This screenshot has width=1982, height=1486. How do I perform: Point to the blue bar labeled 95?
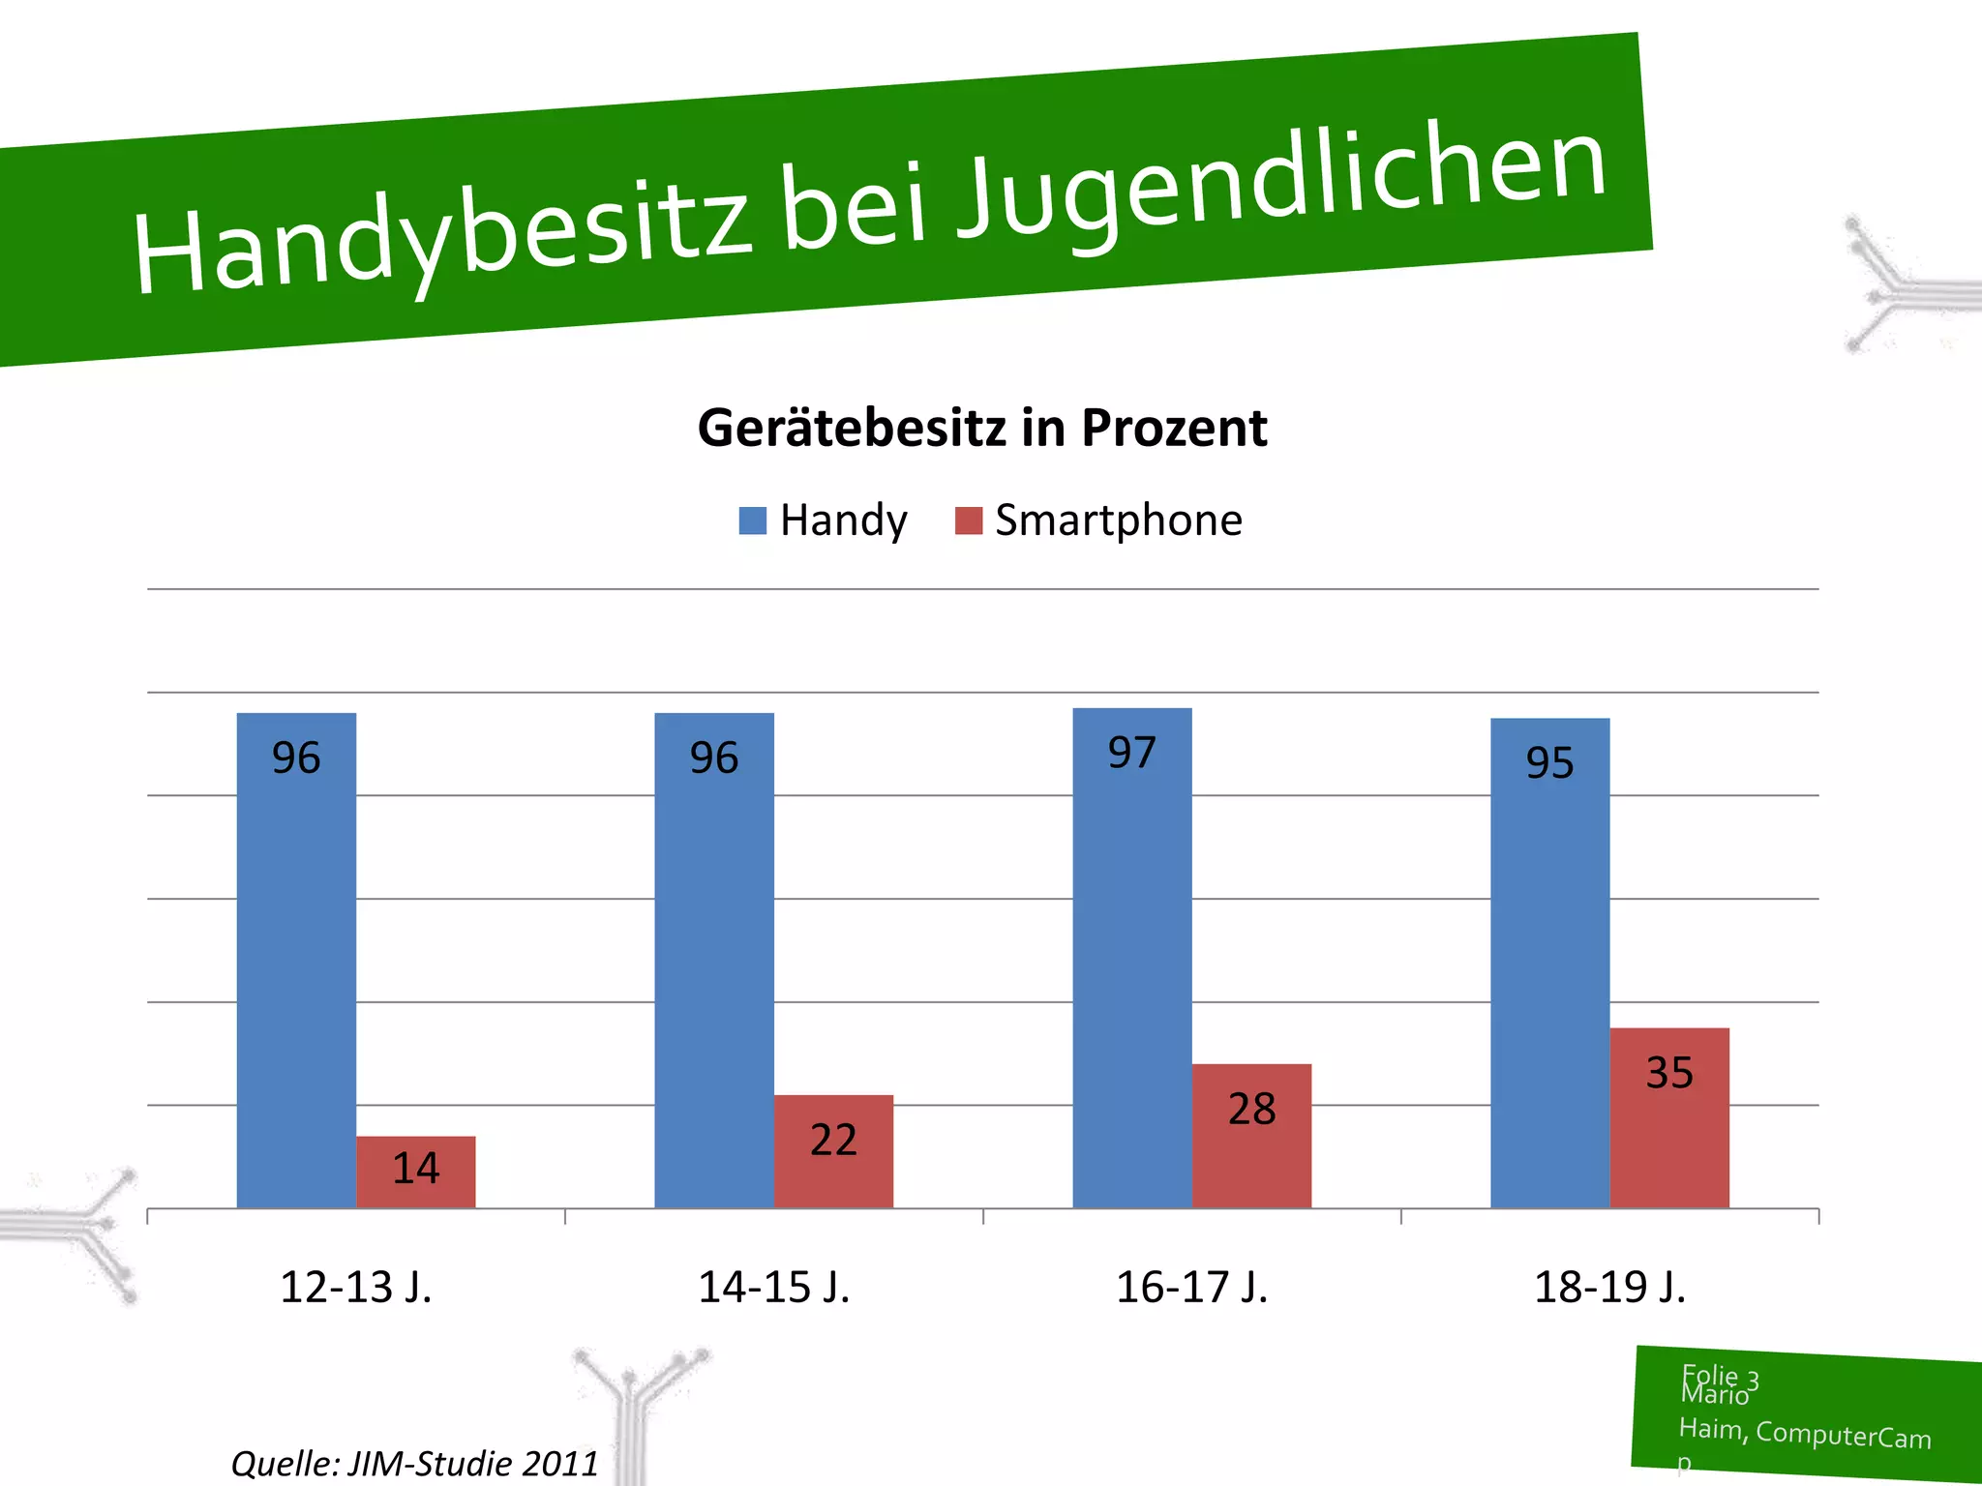1549,967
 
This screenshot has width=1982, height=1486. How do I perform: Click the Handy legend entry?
824,520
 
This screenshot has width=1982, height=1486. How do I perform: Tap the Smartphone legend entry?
1098,520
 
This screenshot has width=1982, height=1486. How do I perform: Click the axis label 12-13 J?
356,1288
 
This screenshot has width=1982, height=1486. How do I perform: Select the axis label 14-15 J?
774,1288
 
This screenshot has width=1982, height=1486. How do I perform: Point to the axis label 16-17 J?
1192,1288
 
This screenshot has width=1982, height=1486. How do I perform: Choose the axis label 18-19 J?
1610,1288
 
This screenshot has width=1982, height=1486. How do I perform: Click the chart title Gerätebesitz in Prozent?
982,428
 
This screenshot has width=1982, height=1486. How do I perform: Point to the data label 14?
416,1169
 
